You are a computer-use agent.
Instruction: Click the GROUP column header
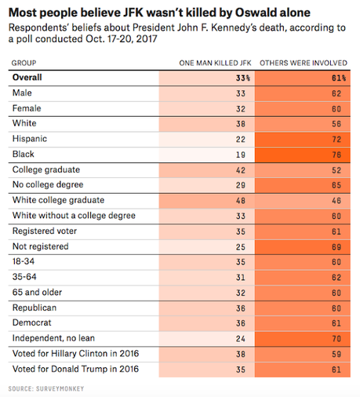point(24,63)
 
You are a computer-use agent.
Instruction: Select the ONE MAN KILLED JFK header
point(215,63)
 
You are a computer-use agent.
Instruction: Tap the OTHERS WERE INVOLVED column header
point(304,63)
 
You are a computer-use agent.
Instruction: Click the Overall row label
point(27,78)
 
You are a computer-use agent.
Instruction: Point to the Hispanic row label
point(30,139)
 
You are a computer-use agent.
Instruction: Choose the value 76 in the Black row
point(336,155)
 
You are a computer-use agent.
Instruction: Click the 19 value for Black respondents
point(241,155)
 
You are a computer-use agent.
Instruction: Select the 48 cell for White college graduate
point(241,201)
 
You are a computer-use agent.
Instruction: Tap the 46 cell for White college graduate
point(336,201)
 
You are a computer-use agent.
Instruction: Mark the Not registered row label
point(41,246)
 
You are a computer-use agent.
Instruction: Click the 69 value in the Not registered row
point(336,247)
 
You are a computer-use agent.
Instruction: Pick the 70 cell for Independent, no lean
point(336,339)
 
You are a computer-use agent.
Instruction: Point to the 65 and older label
point(37,292)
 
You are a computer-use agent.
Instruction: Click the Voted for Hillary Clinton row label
point(75,354)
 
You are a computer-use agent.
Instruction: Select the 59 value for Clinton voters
point(336,354)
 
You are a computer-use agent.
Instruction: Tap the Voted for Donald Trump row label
point(75,369)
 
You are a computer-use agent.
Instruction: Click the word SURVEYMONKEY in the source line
point(60,388)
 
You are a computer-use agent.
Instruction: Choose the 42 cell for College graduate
point(241,170)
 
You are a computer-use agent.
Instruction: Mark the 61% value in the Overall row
point(339,78)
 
